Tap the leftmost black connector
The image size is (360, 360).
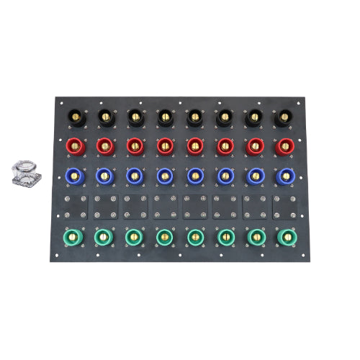point(76,115)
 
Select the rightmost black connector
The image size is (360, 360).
point(284,116)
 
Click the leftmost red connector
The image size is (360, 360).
point(75,146)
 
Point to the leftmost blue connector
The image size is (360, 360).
point(75,176)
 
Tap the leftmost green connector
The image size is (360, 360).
point(74,235)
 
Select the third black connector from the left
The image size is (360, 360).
point(135,115)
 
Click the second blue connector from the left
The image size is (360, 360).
point(104,176)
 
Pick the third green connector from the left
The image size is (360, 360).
point(134,235)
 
